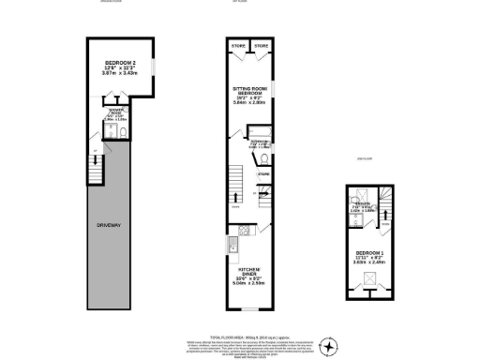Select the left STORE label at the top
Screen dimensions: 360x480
coord(238,45)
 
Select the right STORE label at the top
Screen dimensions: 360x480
coord(262,45)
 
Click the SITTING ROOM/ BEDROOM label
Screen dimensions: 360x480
coord(249,90)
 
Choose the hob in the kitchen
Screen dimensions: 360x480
coord(242,232)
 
